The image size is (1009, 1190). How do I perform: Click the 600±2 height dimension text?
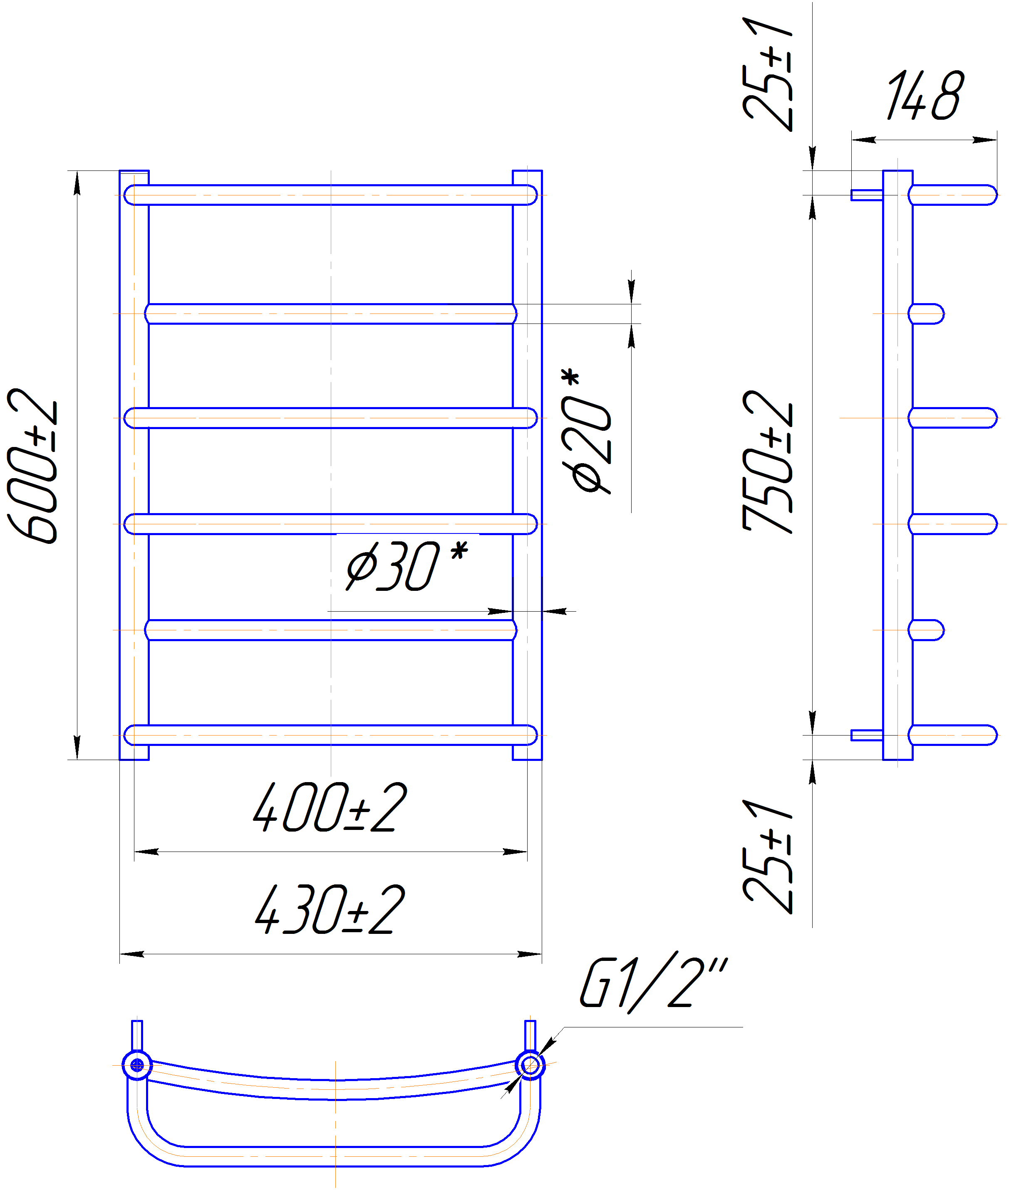(32, 465)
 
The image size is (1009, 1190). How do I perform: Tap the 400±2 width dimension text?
(330, 807)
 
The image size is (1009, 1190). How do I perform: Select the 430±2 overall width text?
(330, 909)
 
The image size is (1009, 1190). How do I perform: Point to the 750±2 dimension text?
(768, 462)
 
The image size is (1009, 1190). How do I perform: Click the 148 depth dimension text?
(925, 96)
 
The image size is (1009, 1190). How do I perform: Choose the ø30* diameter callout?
(407, 565)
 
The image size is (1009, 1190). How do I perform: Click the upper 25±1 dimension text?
(768, 75)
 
